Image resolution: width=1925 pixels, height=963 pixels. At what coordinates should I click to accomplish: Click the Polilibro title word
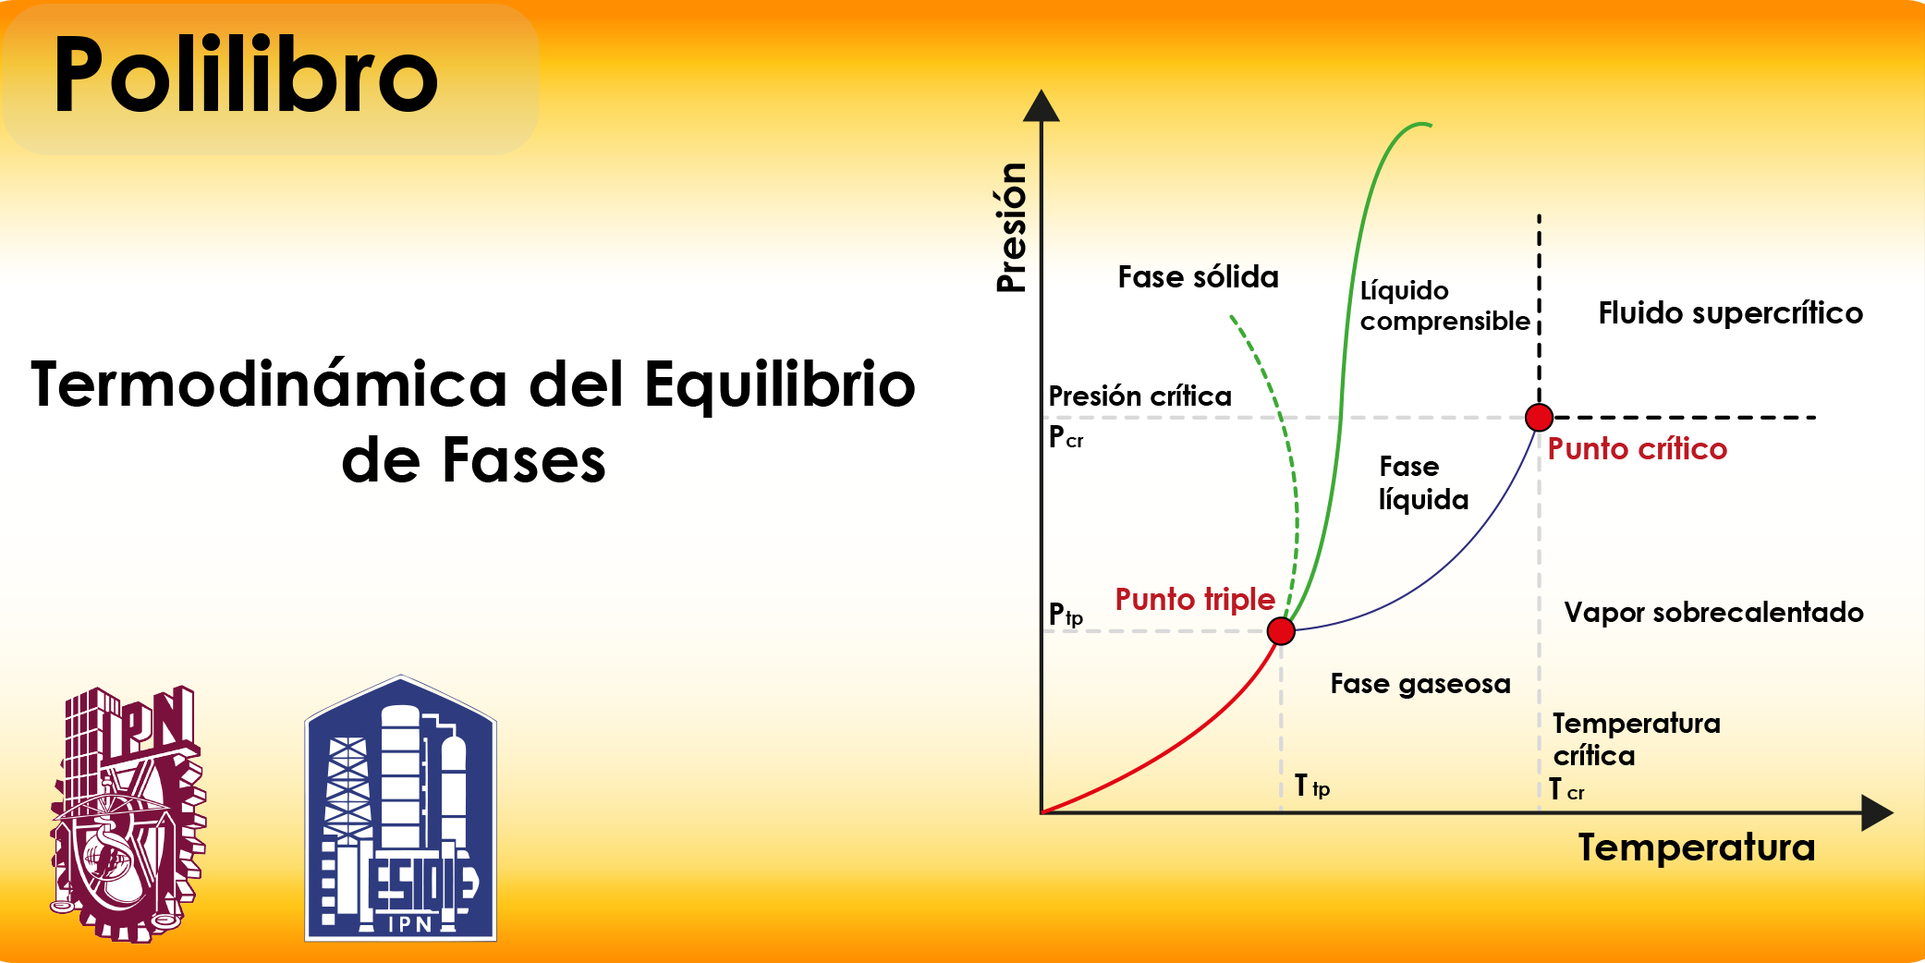click(x=246, y=75)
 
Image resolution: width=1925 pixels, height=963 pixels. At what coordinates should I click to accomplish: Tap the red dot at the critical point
click(x=1539, y=418)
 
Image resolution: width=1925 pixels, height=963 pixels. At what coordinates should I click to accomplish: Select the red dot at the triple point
click(x=1281, y=631)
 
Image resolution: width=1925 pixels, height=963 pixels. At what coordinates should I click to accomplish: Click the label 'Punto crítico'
click(x=1637, y=449)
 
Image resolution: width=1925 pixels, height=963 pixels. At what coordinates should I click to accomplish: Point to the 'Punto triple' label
click(x=1195, y=600)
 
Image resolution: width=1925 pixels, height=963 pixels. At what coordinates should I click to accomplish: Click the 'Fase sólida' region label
click(x=1198, y=277)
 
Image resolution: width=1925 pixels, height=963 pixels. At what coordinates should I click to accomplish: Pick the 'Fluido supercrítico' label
click(x=1730, y=313)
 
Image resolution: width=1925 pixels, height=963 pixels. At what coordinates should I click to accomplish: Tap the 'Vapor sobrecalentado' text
click(x=1713, y=612)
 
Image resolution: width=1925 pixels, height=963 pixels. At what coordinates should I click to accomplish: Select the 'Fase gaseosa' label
click(x=1420, y=684)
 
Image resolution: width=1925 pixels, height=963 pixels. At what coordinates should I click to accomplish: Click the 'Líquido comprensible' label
click(x=1444, y=306)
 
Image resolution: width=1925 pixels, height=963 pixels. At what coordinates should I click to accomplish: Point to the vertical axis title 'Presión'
click(x=1012, y=227)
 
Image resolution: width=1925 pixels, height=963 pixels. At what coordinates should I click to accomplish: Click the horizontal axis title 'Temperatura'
click(x=1697, y=847)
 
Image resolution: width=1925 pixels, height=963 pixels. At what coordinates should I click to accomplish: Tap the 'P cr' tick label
click(x=1066, y=437)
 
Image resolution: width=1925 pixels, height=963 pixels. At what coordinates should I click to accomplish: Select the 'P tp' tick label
click(x=1066, y=615)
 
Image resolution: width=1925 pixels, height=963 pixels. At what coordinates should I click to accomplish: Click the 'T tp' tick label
click(x=1312, y=786)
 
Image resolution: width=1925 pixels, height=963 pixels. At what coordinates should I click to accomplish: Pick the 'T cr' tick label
click(x=1566, y=790)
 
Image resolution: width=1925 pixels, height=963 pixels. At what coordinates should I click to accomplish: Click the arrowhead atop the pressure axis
click(x=1042, y=105)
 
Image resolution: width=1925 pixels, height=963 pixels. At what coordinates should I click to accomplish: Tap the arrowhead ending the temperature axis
click(x=1878, y=813)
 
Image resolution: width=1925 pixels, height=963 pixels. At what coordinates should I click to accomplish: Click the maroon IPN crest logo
click(x=128, y=814)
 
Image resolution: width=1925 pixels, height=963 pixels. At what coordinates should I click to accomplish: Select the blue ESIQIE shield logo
click(x=401, y=809)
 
